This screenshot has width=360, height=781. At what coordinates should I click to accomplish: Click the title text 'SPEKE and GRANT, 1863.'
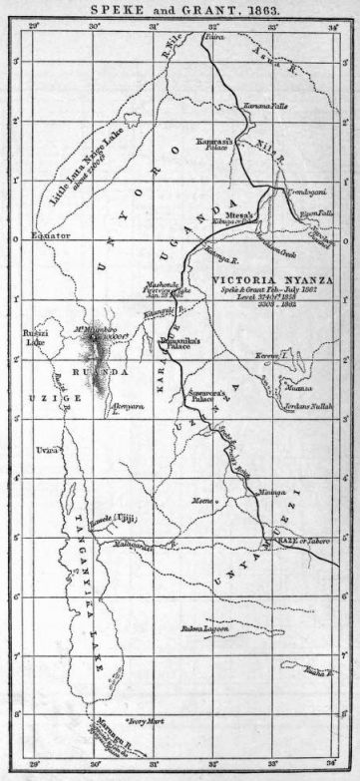pos(180,8)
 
